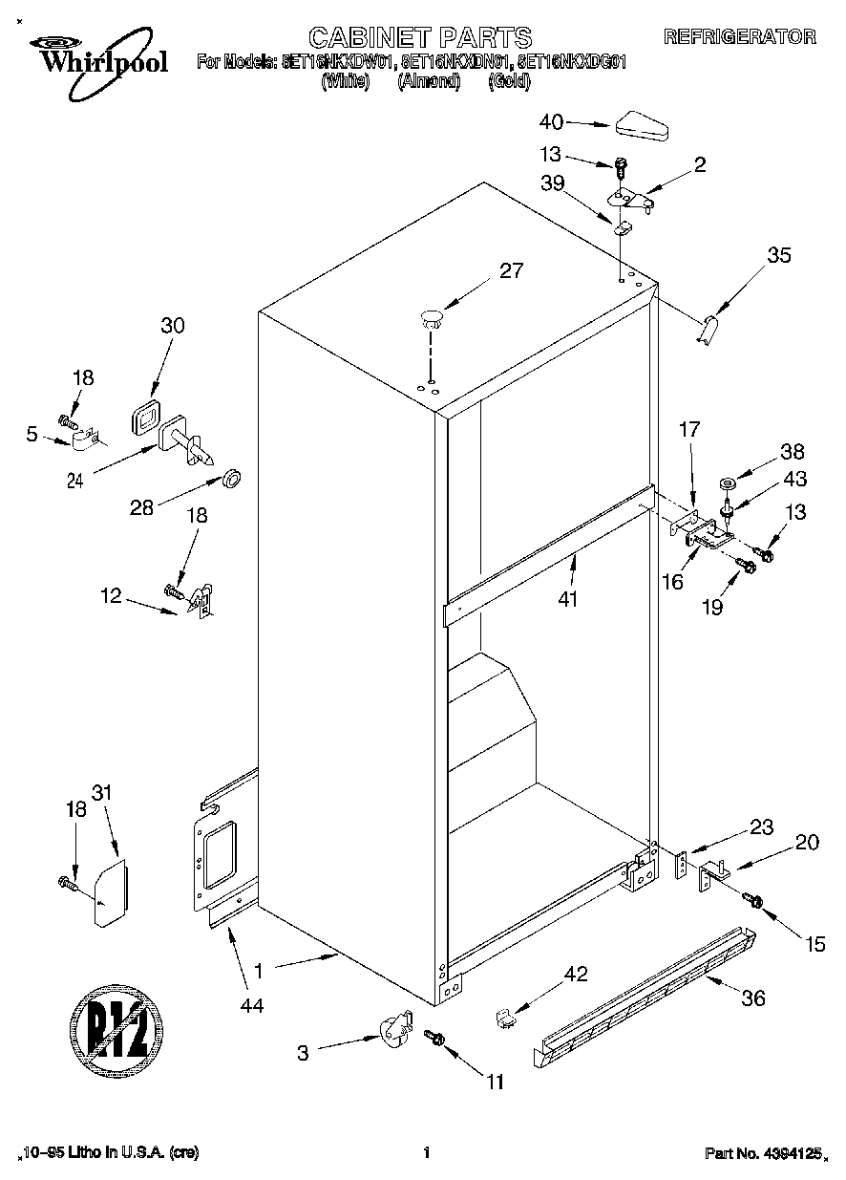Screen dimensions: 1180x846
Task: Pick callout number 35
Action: (x=779, y=255)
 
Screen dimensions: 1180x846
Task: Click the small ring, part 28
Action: (x=230, y=477)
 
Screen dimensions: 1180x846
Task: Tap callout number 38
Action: (x=793, y=452)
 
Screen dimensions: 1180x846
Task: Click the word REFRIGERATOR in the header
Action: (x=740, y=37)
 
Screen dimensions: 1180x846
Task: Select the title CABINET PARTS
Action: (x=420, y=37)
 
